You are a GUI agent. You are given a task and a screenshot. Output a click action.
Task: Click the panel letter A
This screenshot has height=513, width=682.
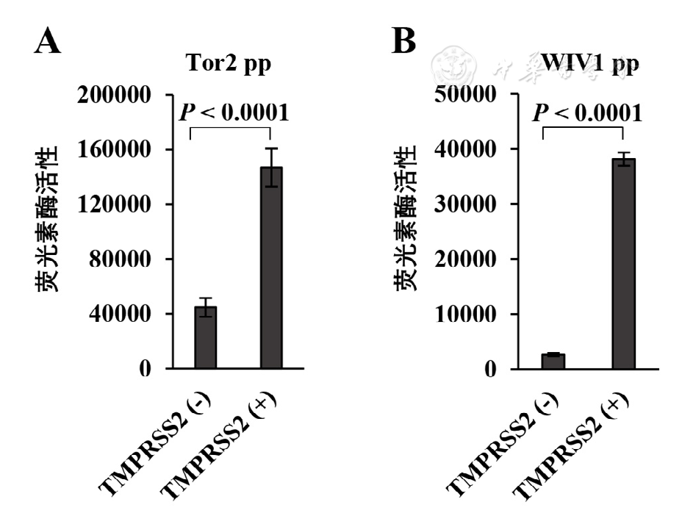coord(48,43)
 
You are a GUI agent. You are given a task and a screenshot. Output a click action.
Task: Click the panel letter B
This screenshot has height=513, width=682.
coord(404,43)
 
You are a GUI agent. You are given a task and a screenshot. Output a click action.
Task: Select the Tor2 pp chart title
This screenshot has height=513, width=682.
coord(228,64)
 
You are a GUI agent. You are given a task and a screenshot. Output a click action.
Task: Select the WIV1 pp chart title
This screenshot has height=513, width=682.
coord(589,64)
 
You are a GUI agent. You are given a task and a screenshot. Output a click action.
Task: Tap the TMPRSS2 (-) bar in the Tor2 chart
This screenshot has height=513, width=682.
coord(205,337)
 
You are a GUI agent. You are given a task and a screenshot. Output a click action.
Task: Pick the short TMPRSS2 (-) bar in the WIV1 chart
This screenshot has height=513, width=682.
coord(553,361)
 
